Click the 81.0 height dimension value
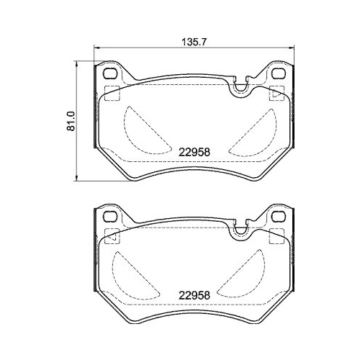click(71, 120)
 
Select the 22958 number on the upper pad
click(194, 153)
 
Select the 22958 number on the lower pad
click(194, 295)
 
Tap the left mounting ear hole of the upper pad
click(110, 74)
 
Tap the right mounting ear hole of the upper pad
click(279, 74)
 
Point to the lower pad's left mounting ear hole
click(110, 217)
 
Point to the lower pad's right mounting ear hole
click(279, 217)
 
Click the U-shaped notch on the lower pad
click(238, 229)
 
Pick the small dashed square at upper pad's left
click(112, 93)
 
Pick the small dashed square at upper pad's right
click(276, 93)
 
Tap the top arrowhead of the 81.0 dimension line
click(78, 63)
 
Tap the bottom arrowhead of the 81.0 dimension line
click(78, 177)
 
